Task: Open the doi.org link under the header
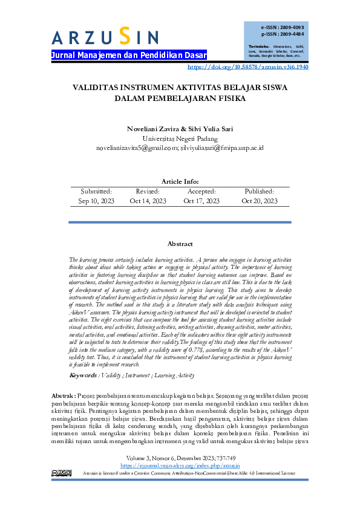[249, 66]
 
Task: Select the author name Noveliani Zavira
[149, 129]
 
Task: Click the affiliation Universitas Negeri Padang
[180, 138]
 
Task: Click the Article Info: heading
[180, 181]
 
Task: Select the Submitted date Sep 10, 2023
[96, 201]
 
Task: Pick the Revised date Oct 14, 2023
[148, 201]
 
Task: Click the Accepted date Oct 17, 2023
[201, 201]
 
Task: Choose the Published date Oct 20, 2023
[260, 201]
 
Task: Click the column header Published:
[260, 191]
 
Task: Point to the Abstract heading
[180, 244]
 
